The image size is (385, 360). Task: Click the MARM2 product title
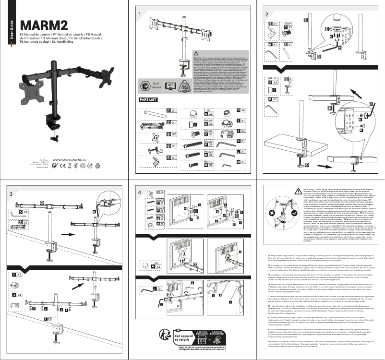[x=42, y=25]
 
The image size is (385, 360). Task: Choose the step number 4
[x=139, y=193]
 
